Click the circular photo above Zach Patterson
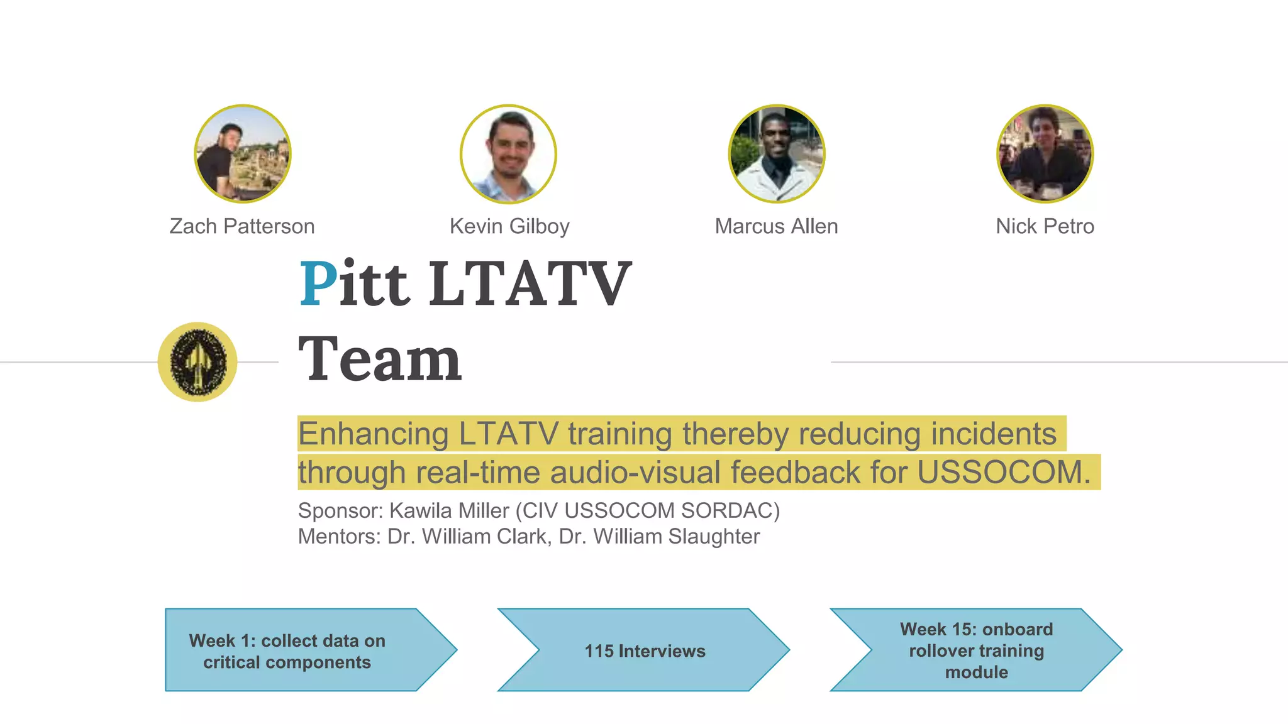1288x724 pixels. tap(243, 154)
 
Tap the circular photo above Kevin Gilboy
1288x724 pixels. tap(508, 154)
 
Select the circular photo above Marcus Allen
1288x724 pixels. tap(777, 154)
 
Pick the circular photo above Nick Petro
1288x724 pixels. tap(1045, 154)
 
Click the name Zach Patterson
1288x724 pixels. tap(242, 226)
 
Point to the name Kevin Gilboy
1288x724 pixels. tap(509, 226)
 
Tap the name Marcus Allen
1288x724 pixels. tap(776, 226)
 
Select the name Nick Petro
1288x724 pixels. tap(1045, 226)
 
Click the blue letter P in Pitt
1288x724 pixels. tap(318, 284)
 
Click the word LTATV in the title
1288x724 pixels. tap(530, 284)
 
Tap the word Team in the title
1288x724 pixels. tap(380, 359)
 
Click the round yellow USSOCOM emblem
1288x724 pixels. tap(197, 362)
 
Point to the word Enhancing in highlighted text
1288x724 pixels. tap(373, 434)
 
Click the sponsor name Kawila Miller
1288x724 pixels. tap(449, 510)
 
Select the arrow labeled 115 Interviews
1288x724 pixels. tap(645, 650)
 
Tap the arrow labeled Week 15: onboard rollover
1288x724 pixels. tap(976, 650)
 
